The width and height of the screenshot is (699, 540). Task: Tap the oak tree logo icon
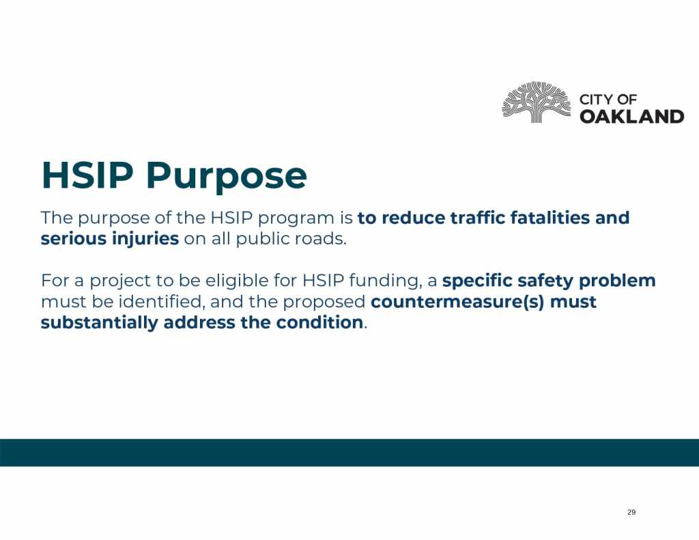[537, 102]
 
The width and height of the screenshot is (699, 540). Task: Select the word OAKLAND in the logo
[631, 116]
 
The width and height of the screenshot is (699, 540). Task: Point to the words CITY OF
[608, 100]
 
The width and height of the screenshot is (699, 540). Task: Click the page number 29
[631, 512]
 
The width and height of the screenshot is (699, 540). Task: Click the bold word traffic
[477, 218]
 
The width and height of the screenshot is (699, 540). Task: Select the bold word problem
[617, 281]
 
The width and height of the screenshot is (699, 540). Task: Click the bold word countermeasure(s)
[457, 302]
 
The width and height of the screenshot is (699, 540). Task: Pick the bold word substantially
[100, 323]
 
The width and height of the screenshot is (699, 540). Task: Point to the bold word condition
[319, 322]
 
